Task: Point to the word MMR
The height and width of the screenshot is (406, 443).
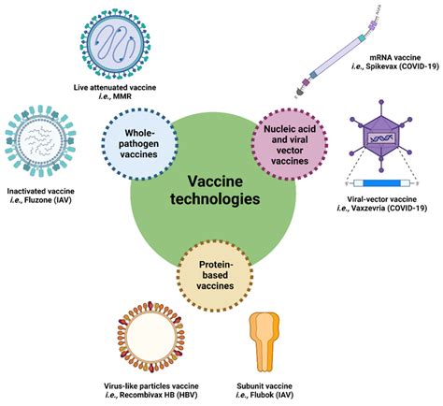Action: [x=150, y=97]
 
